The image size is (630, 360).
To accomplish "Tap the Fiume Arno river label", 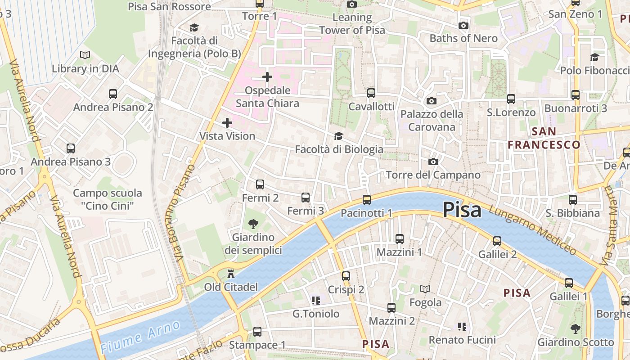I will (x=140, y=337).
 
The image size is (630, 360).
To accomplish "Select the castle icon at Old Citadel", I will (x=231, y=273).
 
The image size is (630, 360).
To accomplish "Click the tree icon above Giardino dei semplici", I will (x=253, y=224).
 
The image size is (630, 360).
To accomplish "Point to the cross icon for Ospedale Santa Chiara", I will (x=267, y=77).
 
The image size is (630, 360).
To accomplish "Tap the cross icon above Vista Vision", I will (x=227, y=122).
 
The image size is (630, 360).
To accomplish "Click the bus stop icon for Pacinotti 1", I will (x=367, y=199).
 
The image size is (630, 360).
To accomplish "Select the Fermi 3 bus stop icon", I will (x=306, y=197).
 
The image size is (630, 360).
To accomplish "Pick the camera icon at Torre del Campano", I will (x=433, y=162).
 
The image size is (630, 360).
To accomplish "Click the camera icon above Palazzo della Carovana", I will (x=431, y=101).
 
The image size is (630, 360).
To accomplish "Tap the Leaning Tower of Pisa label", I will (x=352, y=24).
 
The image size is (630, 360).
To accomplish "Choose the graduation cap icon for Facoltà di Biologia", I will (x=338, y=136).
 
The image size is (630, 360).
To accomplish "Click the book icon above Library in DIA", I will (x=85, y=55).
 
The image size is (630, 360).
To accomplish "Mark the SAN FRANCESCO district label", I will (x=544, y=138).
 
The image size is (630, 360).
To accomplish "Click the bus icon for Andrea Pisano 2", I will (x=113, y=94).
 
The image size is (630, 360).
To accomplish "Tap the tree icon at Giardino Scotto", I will (x=575, y=328).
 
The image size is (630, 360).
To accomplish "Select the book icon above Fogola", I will (x=425, y=289).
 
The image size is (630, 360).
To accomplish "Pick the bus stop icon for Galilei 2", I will (x=497, y=241).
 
